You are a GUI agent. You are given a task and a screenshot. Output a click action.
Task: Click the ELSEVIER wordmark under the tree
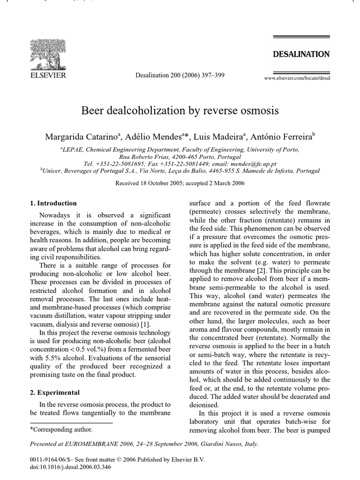(48, 74)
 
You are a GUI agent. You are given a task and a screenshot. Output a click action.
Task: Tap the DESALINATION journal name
(301, 54)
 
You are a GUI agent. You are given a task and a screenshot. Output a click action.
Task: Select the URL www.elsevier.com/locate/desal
(297, 78)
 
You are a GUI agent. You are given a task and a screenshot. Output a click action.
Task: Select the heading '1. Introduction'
(53, 203)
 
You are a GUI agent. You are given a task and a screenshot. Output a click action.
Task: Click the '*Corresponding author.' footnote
(61, 429)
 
